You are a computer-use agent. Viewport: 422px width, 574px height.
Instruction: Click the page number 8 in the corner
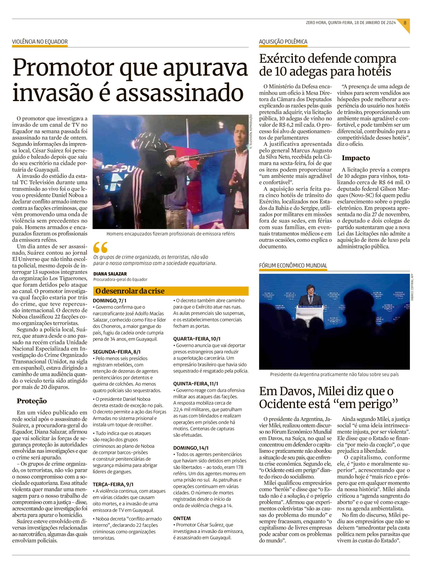point(405,22)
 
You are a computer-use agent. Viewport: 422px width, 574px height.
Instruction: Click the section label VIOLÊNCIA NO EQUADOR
point(40,42)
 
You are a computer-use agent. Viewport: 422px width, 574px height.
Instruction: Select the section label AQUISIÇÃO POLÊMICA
point(283,42)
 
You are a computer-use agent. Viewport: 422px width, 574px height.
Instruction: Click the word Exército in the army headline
point(282,59)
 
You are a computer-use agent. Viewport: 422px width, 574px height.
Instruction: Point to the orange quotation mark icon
point(100,247)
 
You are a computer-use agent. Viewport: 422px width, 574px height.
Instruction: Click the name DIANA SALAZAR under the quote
point(110,274)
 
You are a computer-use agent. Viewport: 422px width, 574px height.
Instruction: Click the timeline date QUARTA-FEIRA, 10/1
point(197,339)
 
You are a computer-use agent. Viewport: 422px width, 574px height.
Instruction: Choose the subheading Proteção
point(32,401)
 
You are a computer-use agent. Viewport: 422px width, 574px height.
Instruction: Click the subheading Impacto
point(356,158)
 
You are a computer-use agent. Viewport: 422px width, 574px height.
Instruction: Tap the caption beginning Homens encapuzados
point(170,234)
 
